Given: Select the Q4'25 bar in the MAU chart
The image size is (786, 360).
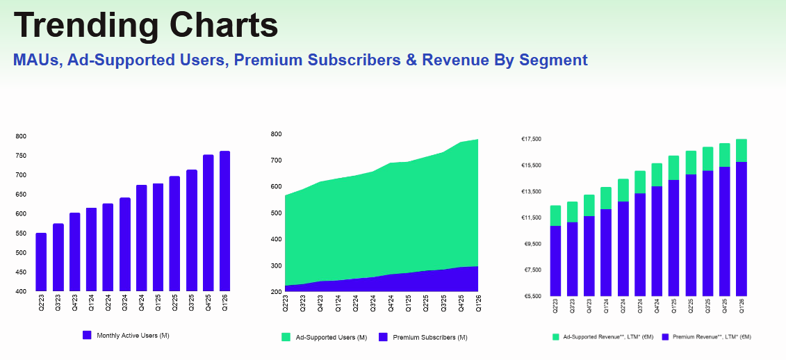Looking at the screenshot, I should point(208,222).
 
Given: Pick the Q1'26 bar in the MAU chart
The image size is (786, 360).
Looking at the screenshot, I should point(224,221).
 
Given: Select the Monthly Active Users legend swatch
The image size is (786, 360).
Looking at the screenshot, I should point(87,335).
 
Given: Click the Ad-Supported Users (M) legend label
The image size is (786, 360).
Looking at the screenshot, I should point(331,338).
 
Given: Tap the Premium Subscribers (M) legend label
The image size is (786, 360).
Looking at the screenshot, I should point(430,338).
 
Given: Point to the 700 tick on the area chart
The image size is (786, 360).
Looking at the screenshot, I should point(276,161).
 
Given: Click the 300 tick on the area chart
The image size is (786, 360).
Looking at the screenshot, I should point(276,266).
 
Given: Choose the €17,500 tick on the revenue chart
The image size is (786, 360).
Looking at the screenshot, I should point(532,140).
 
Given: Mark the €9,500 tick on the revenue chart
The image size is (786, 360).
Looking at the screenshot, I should point(532,244).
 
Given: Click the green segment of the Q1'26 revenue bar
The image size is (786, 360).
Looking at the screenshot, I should point(741,150).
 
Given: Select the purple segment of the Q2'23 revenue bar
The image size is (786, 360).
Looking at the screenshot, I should point(555,261).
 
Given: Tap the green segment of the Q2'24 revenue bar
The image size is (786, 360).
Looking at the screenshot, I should point(623,190).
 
